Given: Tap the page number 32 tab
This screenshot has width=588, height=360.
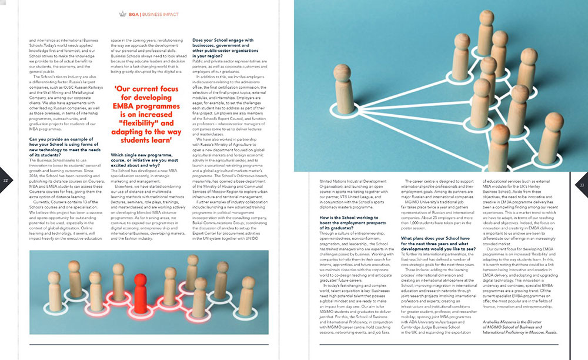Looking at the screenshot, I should pyautogui.click(x=5, y=181).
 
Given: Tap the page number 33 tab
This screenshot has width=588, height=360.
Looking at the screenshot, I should pyautogui.click(x=582, y=185).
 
